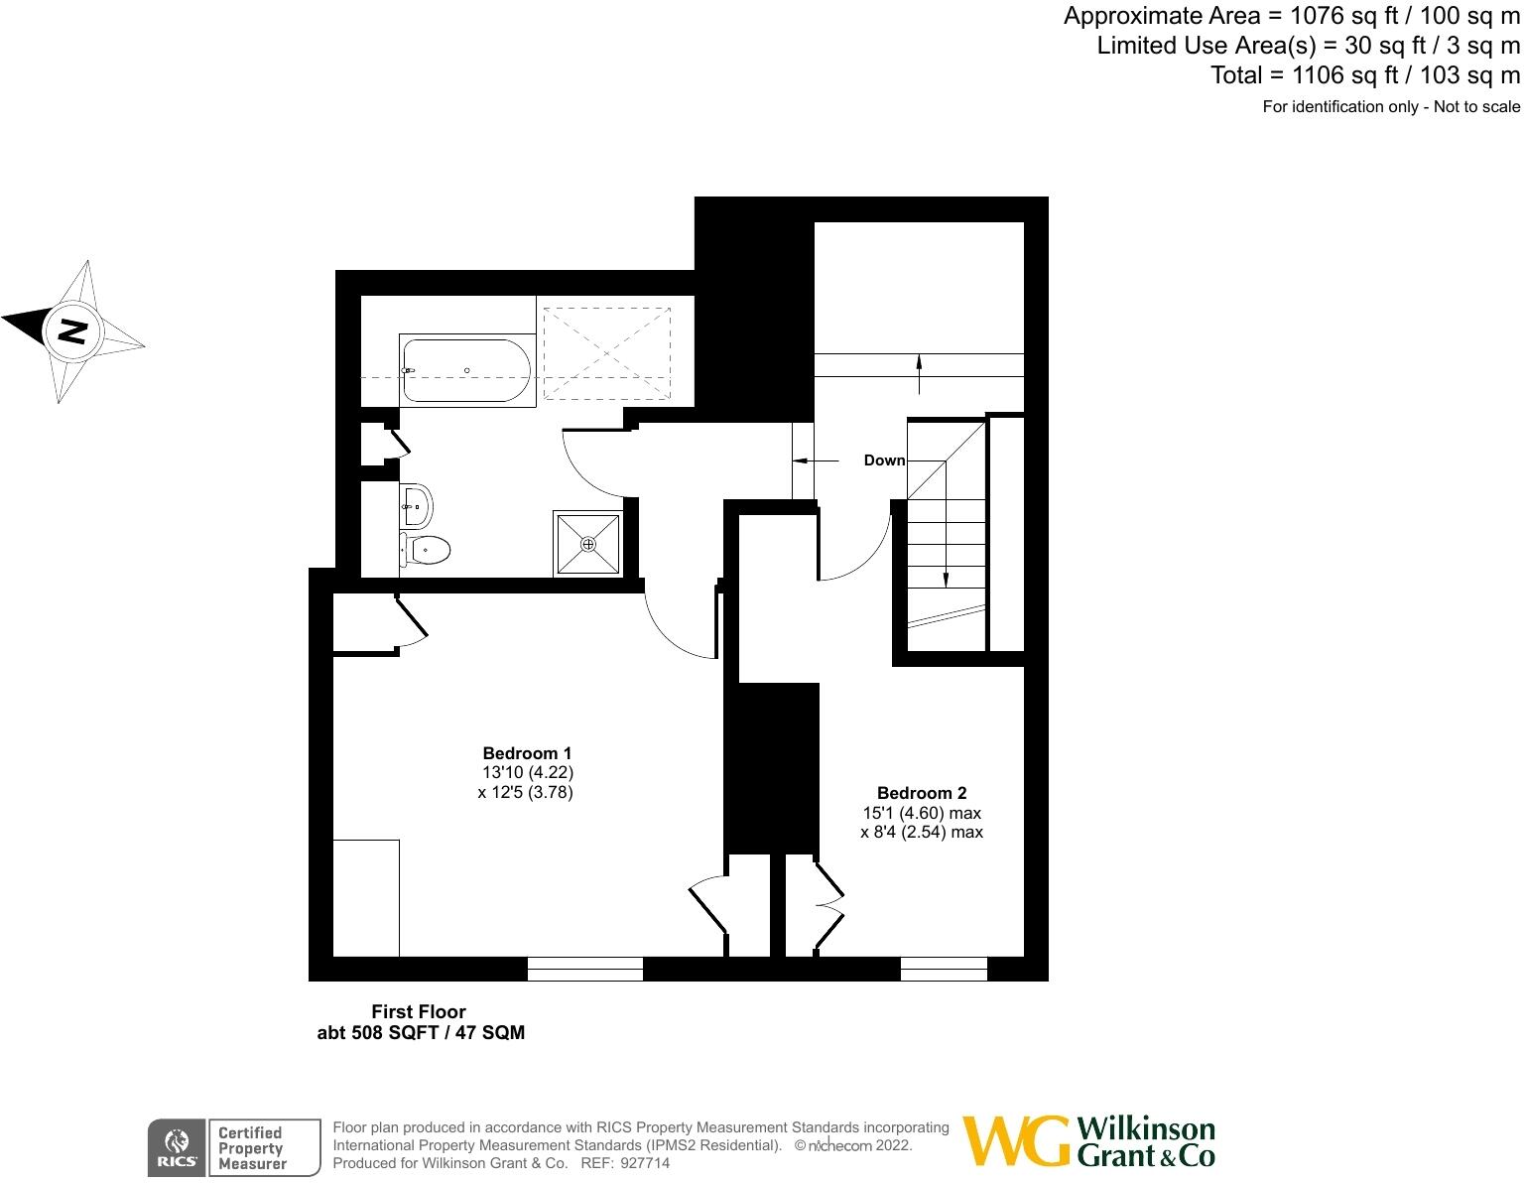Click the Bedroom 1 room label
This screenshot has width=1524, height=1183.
(526, 753)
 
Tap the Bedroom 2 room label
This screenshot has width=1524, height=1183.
(921, 793)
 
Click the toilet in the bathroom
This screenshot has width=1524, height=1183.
(426, 548)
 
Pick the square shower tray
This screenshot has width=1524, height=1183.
(588, 543)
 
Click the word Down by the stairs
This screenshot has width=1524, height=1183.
(884, 460)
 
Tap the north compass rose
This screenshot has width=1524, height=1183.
(72, 331)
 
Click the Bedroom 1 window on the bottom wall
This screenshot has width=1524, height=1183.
(584, 969)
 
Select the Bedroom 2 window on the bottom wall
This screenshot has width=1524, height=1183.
(944, 969)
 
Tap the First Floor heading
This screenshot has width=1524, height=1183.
(418, 1012)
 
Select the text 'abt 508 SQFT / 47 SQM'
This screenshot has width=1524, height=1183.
(420, 1033)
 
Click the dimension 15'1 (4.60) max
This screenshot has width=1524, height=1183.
(921, 813)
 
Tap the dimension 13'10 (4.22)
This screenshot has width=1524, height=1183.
(527, 772)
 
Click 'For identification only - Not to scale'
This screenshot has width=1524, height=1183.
(1390, 107)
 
